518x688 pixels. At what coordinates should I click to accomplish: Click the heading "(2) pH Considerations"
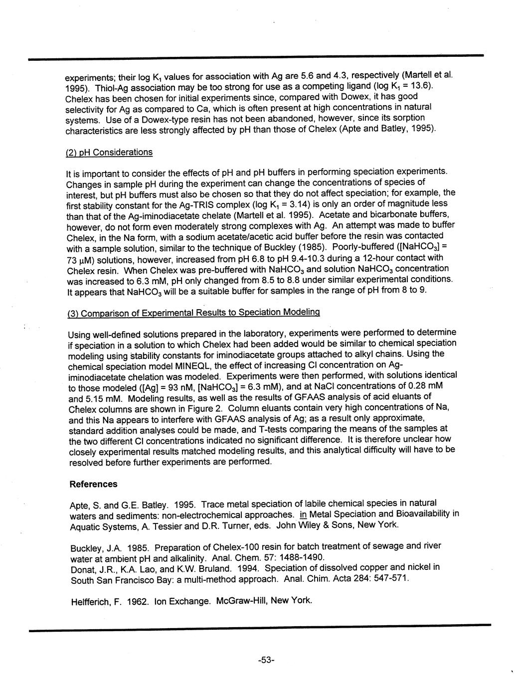(109, 152)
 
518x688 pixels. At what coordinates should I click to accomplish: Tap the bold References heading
(93, 484)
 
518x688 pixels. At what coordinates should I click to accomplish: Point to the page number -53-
(267, 661)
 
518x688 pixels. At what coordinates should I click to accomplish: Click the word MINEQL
(186, 365)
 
